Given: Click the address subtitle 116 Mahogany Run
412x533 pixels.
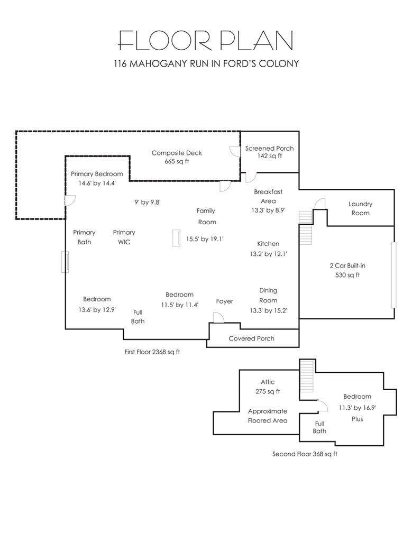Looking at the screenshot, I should click(x=206, y=65).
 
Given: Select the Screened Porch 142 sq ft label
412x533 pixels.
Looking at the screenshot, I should click(x=269, y=152).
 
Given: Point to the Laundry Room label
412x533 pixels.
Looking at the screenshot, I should click(x=360, y=208).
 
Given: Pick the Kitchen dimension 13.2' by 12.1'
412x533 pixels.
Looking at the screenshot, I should click(x=268, y=254).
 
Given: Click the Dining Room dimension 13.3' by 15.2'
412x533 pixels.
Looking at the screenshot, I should click(x=268, y=310).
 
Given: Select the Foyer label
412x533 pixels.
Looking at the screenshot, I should click(x=225, y=301).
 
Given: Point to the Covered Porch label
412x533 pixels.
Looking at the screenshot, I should click(x=251, y=338).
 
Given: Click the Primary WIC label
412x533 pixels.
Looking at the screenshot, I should click(x=124, y=237).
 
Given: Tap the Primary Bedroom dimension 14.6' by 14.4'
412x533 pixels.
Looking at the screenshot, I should click(x=97, y=183).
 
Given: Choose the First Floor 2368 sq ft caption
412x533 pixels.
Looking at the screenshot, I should click(x=152, y=352).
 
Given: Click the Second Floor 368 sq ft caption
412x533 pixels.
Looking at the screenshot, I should click(x=305, y=454).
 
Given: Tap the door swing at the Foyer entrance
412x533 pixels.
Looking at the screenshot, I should click(x=217, y=316).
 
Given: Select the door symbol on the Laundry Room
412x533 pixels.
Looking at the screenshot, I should click(x=319, y=204).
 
